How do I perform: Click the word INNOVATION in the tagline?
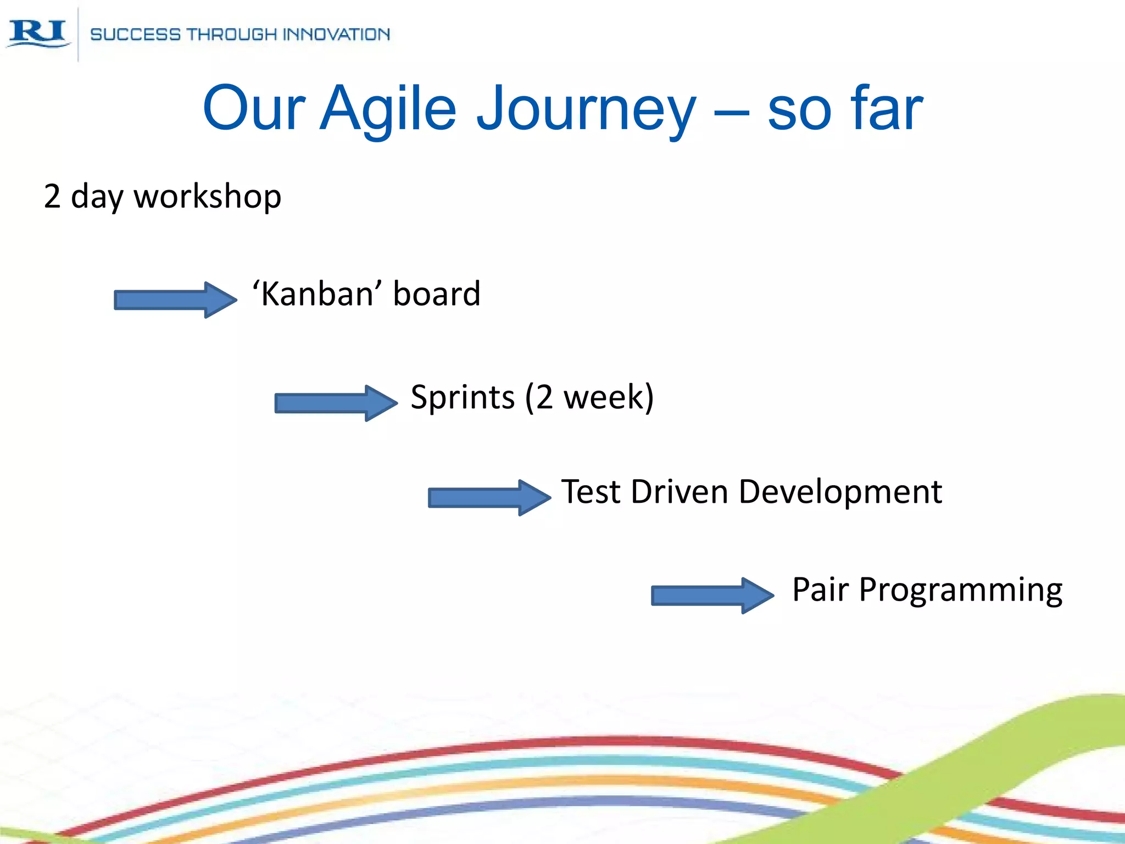pos(336,35)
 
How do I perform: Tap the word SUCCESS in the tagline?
pos(135,35)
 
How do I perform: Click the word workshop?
pos(208,196)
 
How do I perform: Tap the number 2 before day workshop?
pos(52,196)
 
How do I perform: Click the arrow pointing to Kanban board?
pos(175,299)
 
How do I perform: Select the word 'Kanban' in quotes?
pos(313,293)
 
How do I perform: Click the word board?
pos(437,293)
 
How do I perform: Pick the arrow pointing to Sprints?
pos(336,403)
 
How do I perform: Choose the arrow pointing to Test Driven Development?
pos(489,497)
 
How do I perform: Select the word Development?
pos(840,491)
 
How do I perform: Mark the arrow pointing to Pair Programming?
pos(712,595)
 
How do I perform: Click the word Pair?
pos(820,589)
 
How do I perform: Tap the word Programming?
pos(960,590)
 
